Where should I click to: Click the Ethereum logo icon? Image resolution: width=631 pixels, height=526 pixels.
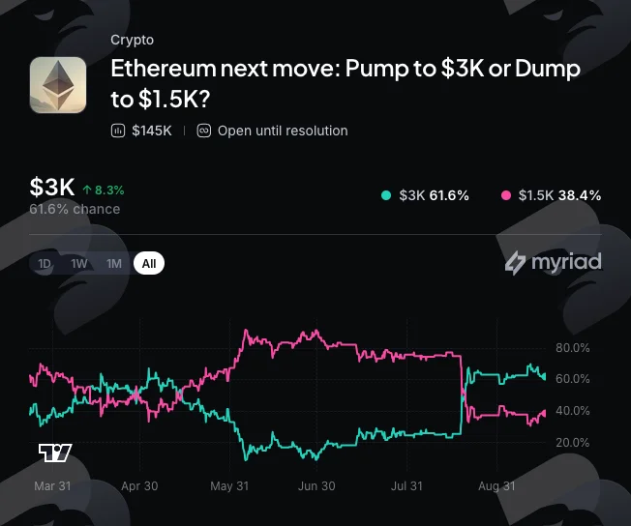pyautogui.click(x=58, y=85)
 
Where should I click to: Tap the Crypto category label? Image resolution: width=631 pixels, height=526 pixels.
pyautogui.click(x=132, y=40)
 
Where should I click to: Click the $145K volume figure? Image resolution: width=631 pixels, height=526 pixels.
pyautogui.click(x=152, y=131)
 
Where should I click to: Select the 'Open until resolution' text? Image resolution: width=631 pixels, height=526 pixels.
pyautogui.click(x=283, y=131)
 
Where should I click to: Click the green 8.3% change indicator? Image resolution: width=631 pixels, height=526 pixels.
pyautogui.click(x=104, y=190)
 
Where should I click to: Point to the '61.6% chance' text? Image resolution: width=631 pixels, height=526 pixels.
pyautogui.click(x=75, y=209)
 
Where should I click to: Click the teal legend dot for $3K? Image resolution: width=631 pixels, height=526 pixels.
pyautogui.click(x=386, y=195)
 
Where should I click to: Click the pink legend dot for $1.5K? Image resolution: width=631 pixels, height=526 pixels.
pyautogui.click(x=506, y=195)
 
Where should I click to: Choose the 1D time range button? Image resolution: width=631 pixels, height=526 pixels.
pyautogui.click(x=45, y=263)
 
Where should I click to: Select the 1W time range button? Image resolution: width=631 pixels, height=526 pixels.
pyautogui.click(x=79, y=263)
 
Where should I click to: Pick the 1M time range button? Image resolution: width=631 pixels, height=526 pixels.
pyautogui.click(x=114, y=263)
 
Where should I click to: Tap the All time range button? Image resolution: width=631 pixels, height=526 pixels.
pyautogui.click(x=149, y=263)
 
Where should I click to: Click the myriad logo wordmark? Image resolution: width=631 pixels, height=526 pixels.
pyautogui.click(x=554, y=263)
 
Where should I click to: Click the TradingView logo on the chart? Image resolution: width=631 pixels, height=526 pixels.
pyautogui.click(x=55, y=453)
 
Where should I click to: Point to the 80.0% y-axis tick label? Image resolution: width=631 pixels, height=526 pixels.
pyautogui.click(x=573, y=348)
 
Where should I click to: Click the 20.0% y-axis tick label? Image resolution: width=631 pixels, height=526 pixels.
pyautogui.click(x=573, y=443)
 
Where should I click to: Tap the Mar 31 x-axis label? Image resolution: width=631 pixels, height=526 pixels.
pyautogui.click(x=52, y=486)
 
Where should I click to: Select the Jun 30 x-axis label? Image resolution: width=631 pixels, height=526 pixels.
pyautogui.click(x=316, y=486)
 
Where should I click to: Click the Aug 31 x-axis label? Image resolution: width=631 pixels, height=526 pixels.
pyautogui.click(x=496, y=486)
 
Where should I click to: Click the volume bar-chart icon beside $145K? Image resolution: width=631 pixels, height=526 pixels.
pyautogui.click(x=118, y=131)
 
